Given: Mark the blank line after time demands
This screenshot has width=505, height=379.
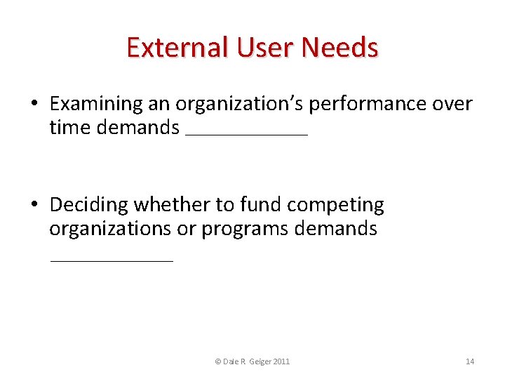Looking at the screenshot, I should coord(246,134).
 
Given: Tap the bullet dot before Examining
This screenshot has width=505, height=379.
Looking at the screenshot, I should coord(34,105).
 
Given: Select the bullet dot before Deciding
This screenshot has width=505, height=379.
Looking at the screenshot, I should coord(34,206).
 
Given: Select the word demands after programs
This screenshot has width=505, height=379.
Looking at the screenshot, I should coord(336,229).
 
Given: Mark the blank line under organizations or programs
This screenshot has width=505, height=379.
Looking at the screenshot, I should coord(111,260).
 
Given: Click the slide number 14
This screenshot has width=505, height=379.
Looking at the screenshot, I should coord(470,361).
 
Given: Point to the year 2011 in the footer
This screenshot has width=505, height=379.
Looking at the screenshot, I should coord(280,361).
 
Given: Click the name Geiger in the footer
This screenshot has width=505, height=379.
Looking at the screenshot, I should coord(255,361).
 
